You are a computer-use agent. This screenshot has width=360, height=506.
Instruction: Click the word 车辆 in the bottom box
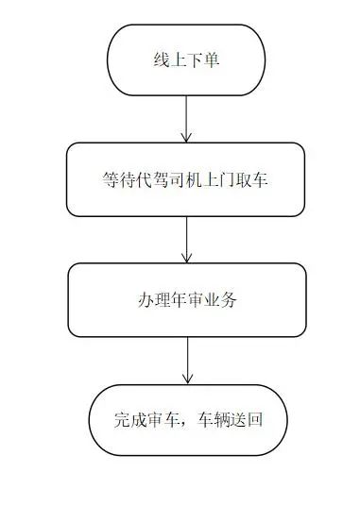coord(214,420)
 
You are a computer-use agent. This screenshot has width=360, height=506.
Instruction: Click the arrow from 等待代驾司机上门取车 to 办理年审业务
coord(186,240)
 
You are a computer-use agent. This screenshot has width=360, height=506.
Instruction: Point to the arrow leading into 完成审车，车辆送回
coord(187,361)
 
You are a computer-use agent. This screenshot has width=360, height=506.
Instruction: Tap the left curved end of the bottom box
coord(90,420)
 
